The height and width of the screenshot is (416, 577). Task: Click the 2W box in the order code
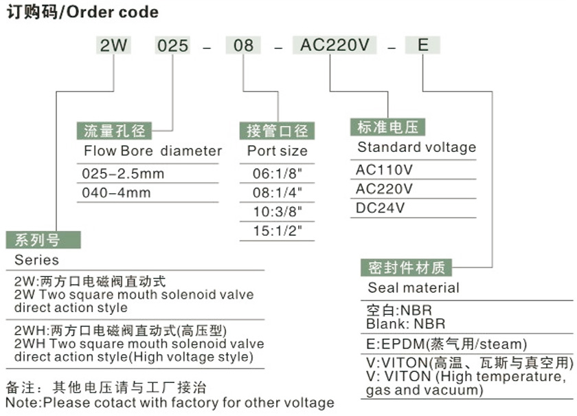(114, 46)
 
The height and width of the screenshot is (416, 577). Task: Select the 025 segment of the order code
(172, 46)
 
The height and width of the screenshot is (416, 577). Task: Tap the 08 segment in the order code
(243, 46)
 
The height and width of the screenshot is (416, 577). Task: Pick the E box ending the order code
(423, 46)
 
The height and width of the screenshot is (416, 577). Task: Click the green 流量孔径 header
(114, 130)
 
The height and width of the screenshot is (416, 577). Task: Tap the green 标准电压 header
(387, 127)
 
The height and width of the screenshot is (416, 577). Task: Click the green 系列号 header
(43, 240)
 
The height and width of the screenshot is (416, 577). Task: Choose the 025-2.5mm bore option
(123, 174)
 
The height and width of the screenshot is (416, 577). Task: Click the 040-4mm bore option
(116, 193)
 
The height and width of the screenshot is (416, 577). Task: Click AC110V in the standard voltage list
(384, 169)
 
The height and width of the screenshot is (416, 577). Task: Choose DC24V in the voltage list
(380, 207)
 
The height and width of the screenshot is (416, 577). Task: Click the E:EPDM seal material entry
(446, 344)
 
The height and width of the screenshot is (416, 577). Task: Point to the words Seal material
(414, 288)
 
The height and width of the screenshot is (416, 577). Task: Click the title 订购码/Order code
(82, 12)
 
